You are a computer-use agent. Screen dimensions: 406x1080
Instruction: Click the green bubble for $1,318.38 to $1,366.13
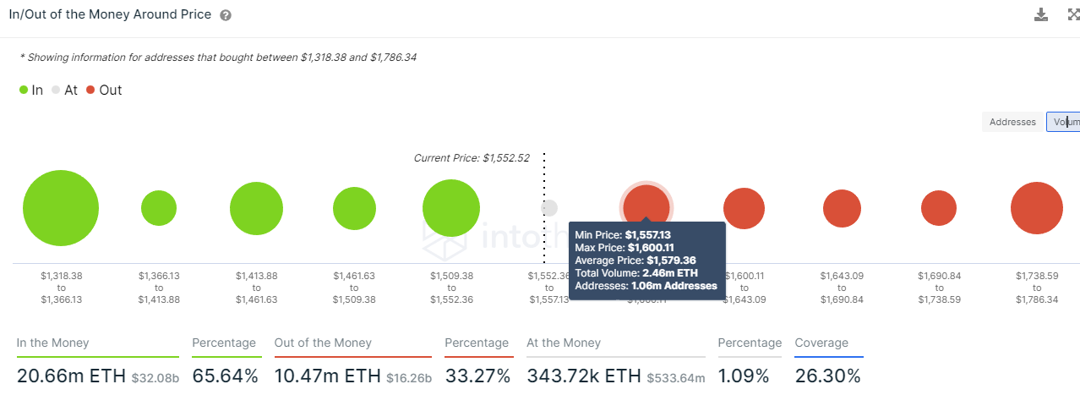pyautogui.click(x=61, y=208)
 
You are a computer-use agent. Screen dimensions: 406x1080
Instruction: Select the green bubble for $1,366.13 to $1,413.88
pyautogui.click(x=159, y=208)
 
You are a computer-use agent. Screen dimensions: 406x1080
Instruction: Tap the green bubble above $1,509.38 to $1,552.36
pyautogui.click(x=451, y=208)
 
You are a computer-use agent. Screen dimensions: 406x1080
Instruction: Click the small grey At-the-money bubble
pyautogui.click(x=549, y=207)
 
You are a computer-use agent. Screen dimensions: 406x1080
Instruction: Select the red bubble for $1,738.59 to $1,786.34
pyautogui.click(x=1036, y=208)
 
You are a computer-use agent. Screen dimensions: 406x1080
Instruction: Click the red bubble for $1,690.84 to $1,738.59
pyautogui.click(x=939, y=208)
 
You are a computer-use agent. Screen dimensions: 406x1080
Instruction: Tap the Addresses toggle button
pyautogui.click(x=1012, y=122)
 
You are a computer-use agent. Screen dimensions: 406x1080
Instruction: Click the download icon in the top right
pyautogui.click(x=1041, y=14)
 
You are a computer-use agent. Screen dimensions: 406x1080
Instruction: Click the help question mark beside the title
pyautogui.click(x=226, y=15)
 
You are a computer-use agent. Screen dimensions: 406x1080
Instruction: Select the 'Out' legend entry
pyautogui.click(x=104, y=91)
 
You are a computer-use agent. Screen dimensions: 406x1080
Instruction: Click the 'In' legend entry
pyautogui.click(x=31, y=91)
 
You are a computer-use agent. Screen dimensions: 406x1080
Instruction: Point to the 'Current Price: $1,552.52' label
pyautogui.click(x=471, y=158)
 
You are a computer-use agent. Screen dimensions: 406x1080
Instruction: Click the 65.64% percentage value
pyautogui.click(x=225, y=376)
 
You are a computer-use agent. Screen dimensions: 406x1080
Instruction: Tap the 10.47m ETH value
pyautogui.click(x=326, y=376)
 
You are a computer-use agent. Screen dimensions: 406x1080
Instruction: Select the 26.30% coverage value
pyautogui.click(x=827, y=376)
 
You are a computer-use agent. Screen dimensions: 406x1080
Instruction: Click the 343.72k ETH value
pyautogui.click(x=584, y=376)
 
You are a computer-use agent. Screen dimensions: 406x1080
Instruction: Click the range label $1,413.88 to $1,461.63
pyautogui.click(x=256, y=288)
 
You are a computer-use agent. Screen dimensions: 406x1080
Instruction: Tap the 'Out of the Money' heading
pyautogui.click(x=323, y=343)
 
